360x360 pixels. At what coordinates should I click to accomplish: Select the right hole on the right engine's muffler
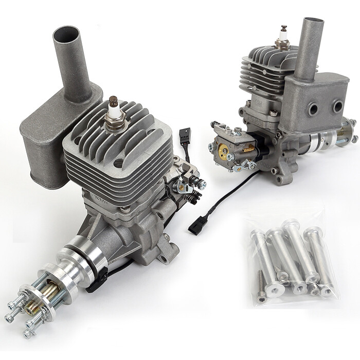[337, 106]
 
